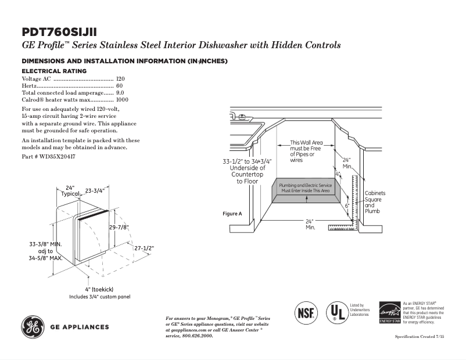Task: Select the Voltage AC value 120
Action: point(120,78)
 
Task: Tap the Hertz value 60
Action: point(120,85)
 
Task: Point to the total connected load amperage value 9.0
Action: point(120,92)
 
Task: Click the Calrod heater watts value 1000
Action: point(122,100)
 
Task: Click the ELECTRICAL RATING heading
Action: point(54,71)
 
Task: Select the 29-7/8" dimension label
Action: point(119,227)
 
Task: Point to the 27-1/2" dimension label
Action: point(145,248)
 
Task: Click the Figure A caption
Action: point(232,214)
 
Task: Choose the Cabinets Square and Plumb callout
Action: point(374,202)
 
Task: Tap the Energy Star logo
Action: point(389,312)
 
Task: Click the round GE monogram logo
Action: point(34,326)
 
